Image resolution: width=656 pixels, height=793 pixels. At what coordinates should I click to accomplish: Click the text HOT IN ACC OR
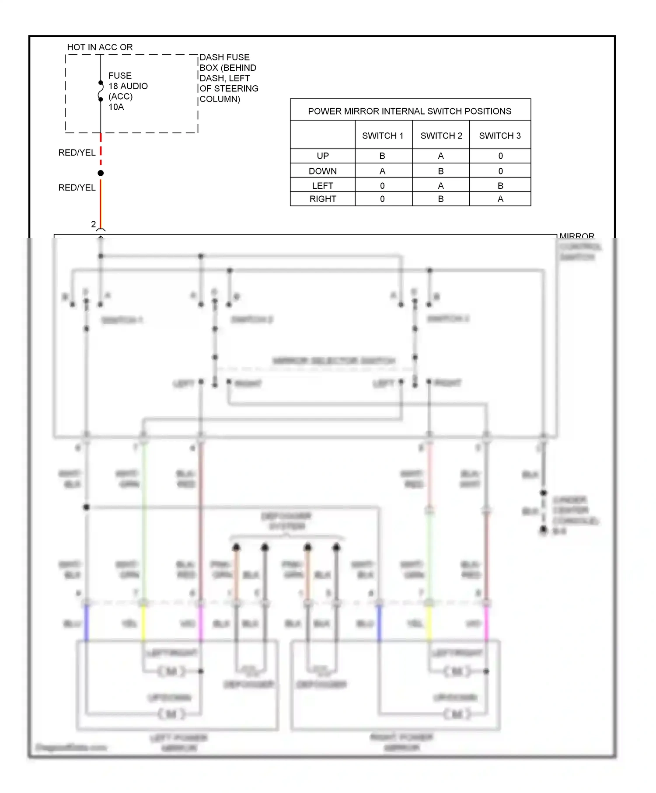click(x=100, y=47)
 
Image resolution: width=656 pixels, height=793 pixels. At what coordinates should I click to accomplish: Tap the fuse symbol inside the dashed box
click(x=101, y=91)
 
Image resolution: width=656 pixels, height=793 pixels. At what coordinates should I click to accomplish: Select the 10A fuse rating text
click(x=116, y=107)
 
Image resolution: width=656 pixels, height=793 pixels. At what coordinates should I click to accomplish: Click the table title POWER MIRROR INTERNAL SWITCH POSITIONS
click(x=410, y=111)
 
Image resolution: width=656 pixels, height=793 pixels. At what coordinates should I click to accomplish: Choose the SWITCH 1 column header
click(x=383, y=136)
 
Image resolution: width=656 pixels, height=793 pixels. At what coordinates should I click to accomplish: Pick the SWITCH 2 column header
click(x=441, y=136)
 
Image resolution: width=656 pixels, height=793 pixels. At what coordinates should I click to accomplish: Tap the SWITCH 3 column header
click(x=500, y=136)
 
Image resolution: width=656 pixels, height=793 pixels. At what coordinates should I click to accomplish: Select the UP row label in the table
click(x=323, y=156)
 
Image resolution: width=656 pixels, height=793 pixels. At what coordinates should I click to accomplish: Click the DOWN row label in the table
click(x=323, y=171)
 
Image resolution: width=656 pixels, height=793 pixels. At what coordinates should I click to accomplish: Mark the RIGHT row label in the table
click(x=323, y=199)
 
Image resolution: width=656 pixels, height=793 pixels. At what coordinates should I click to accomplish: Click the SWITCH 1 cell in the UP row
click(x=382, y=156)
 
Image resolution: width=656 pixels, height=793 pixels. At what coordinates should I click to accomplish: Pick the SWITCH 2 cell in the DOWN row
click(x=441, y=171)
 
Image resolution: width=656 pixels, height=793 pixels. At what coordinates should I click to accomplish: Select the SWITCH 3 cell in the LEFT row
click(x=500, y=186)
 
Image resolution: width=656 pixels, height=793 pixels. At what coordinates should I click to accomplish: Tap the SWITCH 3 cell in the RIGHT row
click(x=500, y=199)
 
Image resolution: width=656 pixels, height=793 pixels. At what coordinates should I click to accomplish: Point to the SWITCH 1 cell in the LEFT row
click(x=382, y=186)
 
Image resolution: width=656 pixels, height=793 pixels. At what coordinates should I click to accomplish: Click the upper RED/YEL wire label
click(x=77, y=153)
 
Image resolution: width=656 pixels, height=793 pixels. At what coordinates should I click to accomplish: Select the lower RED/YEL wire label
click(x=77, y=188)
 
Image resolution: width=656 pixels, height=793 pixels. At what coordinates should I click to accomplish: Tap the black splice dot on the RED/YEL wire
click(x=101, y=173)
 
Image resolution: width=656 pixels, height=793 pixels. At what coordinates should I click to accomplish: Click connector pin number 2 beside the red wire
click(x=93, y=224)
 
